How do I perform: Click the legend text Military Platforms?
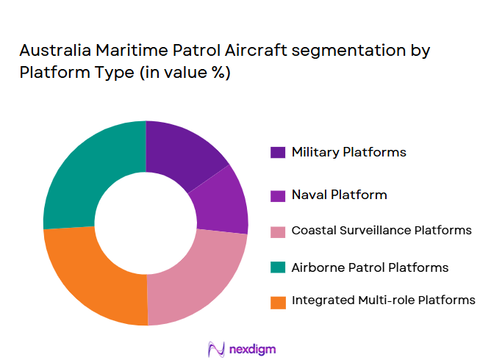point(348,152)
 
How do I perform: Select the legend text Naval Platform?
point(339,195)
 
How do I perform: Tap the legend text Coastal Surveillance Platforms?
point(381,230)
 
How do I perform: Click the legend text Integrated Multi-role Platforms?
point(383,300)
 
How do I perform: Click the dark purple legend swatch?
point(278,153)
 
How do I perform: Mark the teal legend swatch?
point(278,267)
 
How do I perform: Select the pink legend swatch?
point(278,231)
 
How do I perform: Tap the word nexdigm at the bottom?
point(252,348)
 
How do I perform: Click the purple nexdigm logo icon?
point(216,348)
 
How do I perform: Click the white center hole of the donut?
point(146,223)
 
